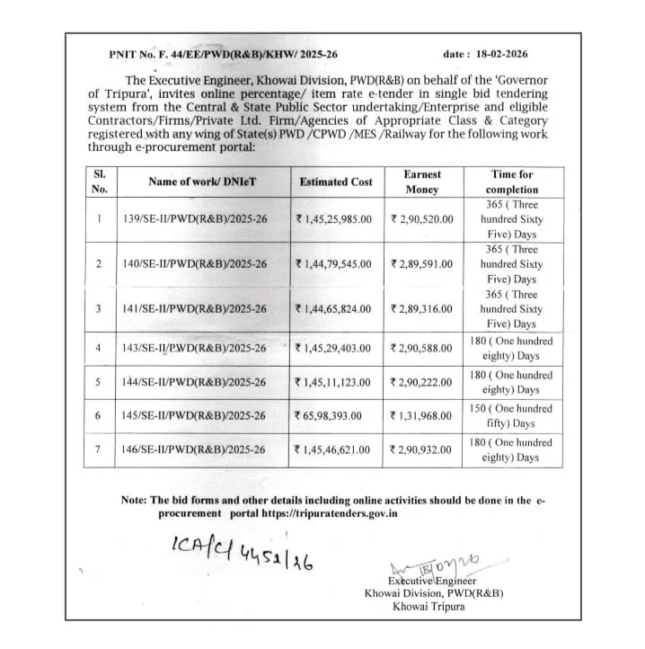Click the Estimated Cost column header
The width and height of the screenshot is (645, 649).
pyautogui.click(x=335, y=182)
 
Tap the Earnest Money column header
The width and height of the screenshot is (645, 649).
pyautogui.click(x=422, y=182)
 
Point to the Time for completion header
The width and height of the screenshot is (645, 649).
pyautogui.click(x=512, y=182)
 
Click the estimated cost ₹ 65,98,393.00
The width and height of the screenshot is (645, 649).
pyautogui.click(x=331, y=416)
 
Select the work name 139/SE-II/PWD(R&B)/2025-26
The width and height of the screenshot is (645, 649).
pyautogui.click(x=194, y=218)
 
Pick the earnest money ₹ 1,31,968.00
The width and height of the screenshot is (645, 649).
pyautogui.click(x=421, y=416)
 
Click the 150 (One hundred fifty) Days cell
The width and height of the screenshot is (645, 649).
pyautogui.click(x=511, y=416)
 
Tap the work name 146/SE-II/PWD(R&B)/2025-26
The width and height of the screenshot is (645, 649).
pyautogui.click(x=194, y=449)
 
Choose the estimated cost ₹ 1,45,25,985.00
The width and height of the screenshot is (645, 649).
pyautogui.click(x=333, y=218)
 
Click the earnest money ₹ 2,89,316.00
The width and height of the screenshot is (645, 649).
pyautogui.click(x=421, y=308)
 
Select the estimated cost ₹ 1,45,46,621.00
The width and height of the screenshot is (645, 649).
pyautogui.click(x=333, y=449)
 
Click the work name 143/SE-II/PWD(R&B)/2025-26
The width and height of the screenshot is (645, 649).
pyautogui.click(x=194, y=348)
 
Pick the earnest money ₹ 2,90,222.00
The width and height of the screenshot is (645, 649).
pyautogui.click(x=421, y=382)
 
